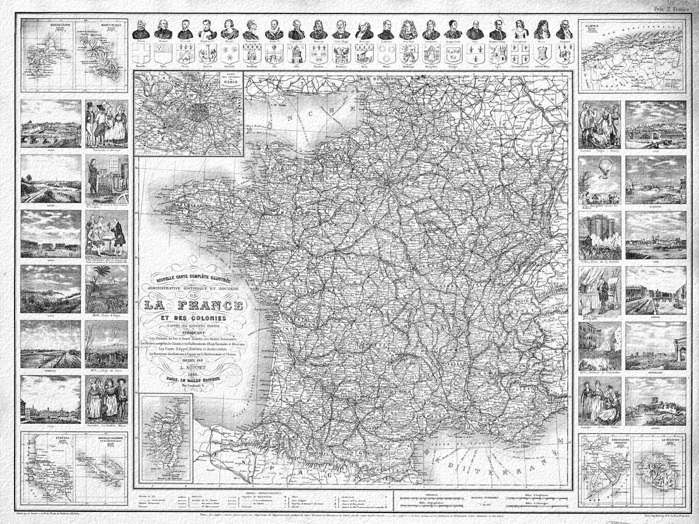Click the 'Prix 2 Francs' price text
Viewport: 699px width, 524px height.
point(670,9)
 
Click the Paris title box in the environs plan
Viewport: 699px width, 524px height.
point(227,83)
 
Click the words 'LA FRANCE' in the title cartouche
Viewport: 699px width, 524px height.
point(195,305)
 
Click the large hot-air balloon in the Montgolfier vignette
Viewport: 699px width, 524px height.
point(606,165)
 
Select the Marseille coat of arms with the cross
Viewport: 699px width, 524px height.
point(140,54)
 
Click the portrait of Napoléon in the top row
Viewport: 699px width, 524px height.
point(207,29)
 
